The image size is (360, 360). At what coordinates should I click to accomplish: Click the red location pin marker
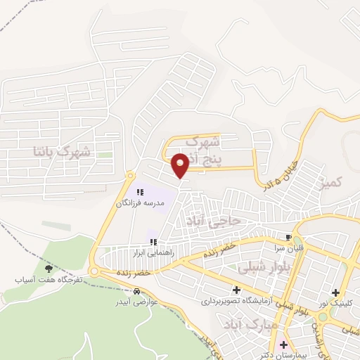point(181,163)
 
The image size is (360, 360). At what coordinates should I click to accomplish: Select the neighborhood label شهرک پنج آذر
point(217,150)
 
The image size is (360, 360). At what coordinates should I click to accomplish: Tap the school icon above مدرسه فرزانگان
point(139,192)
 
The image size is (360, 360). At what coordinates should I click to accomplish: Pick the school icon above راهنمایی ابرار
point(153,242)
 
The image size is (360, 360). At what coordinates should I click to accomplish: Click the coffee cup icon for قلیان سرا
point(288,237)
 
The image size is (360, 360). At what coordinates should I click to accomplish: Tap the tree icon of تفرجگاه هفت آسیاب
point(49,268)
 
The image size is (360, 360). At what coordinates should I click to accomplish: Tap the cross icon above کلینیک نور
point(336,292)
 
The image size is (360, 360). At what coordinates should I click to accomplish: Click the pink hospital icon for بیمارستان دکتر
point(284,345)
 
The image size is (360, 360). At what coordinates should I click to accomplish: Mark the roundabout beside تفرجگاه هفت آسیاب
point(94,271)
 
